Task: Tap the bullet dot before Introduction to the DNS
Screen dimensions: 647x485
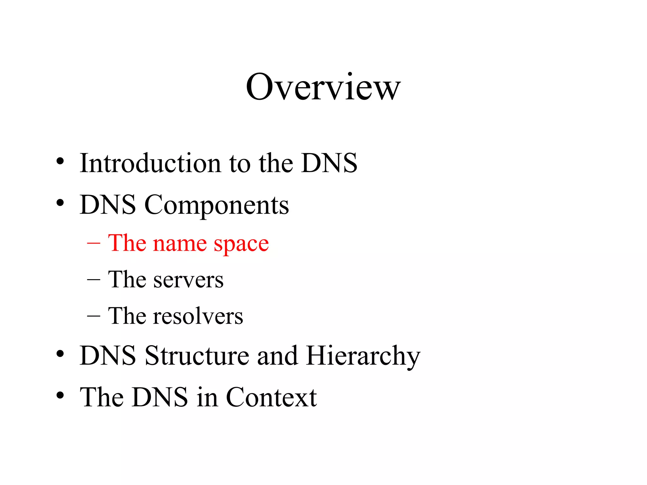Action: point(60,161)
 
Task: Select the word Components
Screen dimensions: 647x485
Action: point(216,205)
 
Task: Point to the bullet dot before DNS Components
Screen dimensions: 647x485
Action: point(60,203)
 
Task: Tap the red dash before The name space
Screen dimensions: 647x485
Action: point(94,243)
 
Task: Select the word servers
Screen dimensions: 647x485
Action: point(188,280)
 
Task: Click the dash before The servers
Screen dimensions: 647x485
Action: point(94,279)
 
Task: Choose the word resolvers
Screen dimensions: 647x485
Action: point(198,316)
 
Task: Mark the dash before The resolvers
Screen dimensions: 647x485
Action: point(94,316)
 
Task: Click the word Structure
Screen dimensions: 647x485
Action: point(197,356)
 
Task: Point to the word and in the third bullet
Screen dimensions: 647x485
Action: point(277,356)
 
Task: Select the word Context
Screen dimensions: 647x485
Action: point(271,397)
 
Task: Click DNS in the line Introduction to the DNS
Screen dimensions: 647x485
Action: point(329,163)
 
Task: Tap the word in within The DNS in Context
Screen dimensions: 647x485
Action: point(207,397)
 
